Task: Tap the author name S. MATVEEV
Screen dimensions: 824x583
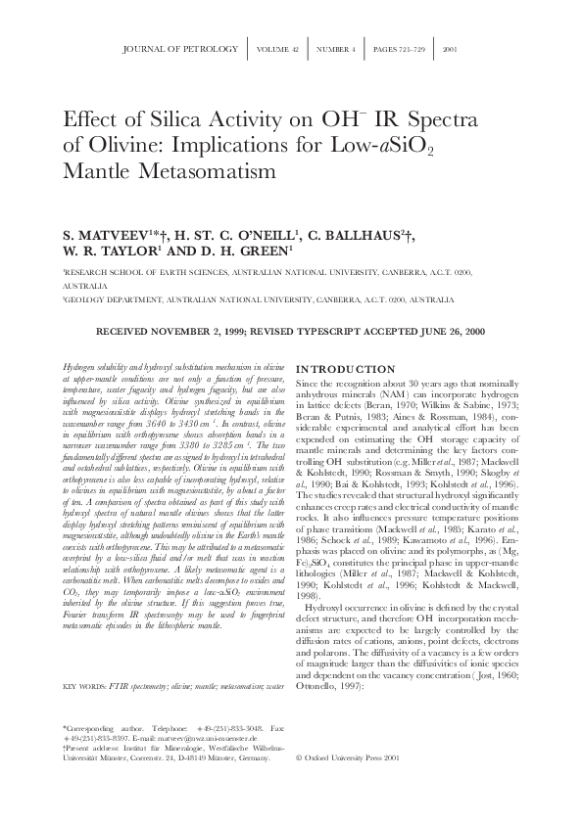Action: [x=104, y=236]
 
